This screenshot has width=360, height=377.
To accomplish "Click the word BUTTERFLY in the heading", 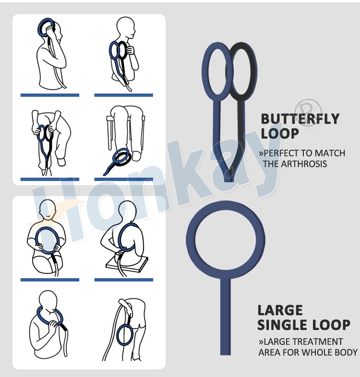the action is (x=300, y=119).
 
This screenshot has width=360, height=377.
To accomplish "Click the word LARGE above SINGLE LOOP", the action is (x=280, y=310).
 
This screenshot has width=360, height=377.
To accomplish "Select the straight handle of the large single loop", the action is (x=225, y=316).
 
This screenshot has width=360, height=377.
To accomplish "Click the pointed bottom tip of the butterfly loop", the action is (x=228, y=181).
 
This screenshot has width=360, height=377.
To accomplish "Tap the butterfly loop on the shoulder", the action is (x=118, y=50).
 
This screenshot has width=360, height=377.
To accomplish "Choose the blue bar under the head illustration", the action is (x=50, y=95).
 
